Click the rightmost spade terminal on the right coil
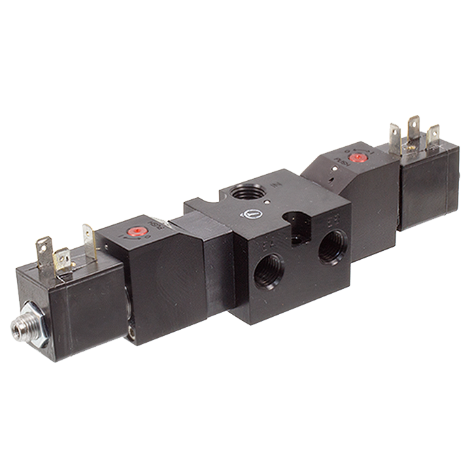coord(432,135)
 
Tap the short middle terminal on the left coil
coord(63,258)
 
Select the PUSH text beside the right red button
coord(338,164)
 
